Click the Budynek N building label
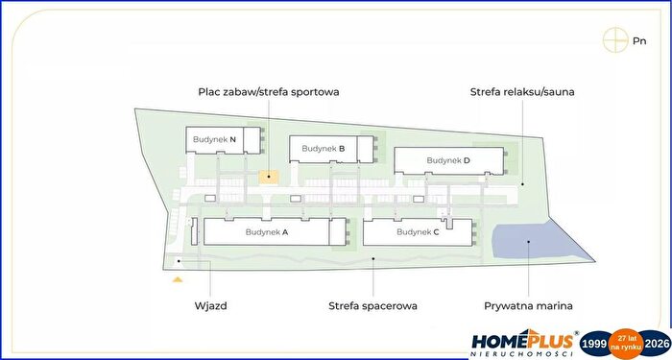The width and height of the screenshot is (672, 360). click(214, 139)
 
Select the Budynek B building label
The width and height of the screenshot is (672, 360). click(324, 148)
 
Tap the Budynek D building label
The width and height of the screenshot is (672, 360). click(448, 160)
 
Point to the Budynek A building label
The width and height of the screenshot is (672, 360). click(267, 232)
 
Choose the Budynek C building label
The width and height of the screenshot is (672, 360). click(418, 232)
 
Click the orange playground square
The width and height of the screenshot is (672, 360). click(269, 177)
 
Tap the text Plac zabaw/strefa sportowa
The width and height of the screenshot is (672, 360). click(269, 92)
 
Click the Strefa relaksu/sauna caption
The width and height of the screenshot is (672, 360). click(522, 92)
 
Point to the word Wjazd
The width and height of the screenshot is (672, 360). click(211, 306)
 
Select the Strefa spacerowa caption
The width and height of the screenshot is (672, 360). click(372, 306)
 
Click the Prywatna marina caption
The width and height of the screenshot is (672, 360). click(528, 306)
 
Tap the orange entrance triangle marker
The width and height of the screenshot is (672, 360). click(178, 280)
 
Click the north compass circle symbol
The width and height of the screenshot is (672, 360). click(615, 40)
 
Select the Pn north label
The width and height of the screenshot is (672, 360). click(639, 41)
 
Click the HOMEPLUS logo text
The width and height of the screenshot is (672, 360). click(522, 341)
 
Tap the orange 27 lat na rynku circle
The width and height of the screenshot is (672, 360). click(626, 343)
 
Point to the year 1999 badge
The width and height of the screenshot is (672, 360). click(595, 344)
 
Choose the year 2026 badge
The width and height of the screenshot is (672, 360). click(656, 344)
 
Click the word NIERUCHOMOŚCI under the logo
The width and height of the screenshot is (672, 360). click(522, 354)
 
